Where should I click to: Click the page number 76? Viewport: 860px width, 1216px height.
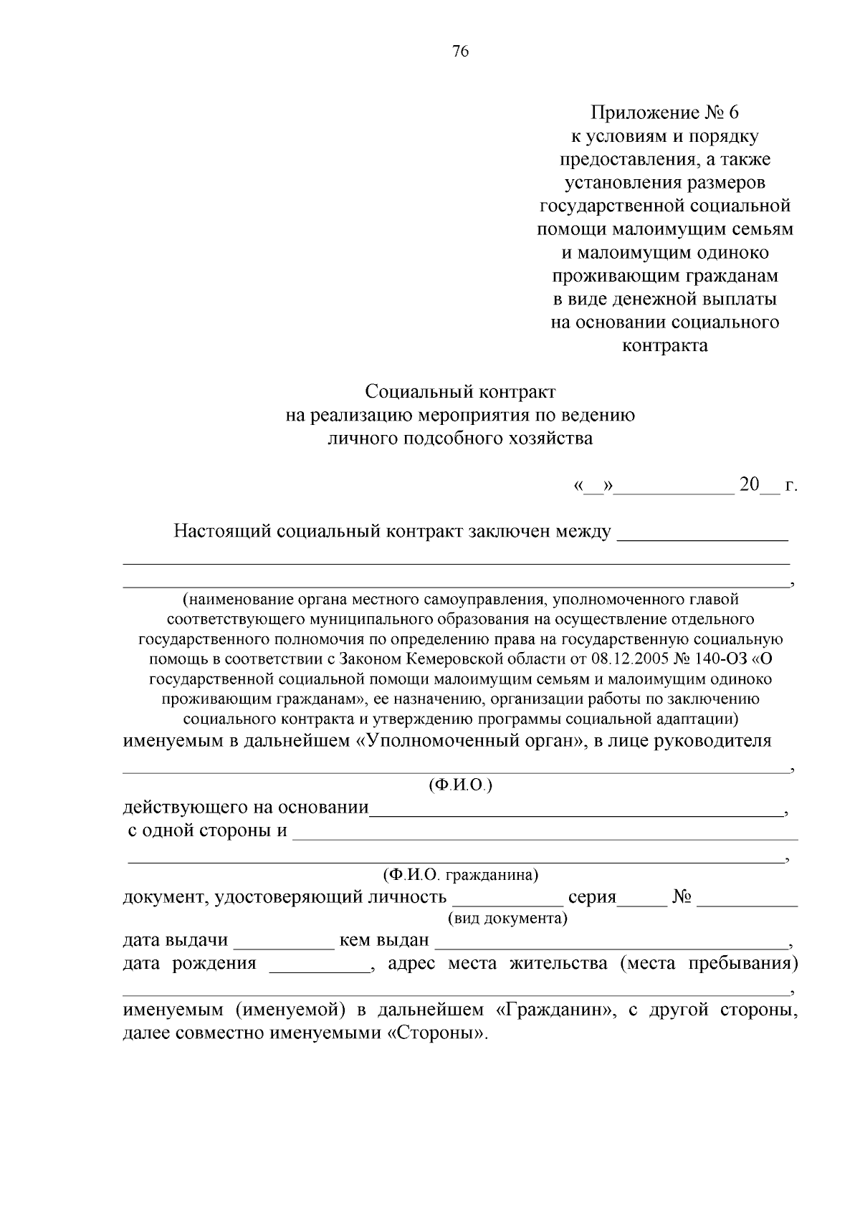click(x=461, y=52)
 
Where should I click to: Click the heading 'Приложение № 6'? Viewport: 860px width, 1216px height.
click(x=664, y=112)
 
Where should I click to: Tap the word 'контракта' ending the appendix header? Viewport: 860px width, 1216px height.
click(x=664, y=345)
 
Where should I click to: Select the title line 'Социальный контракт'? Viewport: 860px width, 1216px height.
click(x=460, y=392)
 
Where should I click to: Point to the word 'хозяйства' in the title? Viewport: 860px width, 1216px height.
click(x=552, y=438)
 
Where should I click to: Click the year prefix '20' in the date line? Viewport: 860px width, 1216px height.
click(x=749, y=485)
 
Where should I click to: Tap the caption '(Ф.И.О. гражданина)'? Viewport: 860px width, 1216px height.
click(x=460, y=875)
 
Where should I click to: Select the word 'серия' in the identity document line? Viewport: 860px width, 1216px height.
click(x=592, y=897)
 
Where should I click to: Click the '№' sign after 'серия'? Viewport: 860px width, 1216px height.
click(x=682, y=897)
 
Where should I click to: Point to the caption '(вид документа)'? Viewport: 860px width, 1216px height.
click(x=507, y=919)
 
